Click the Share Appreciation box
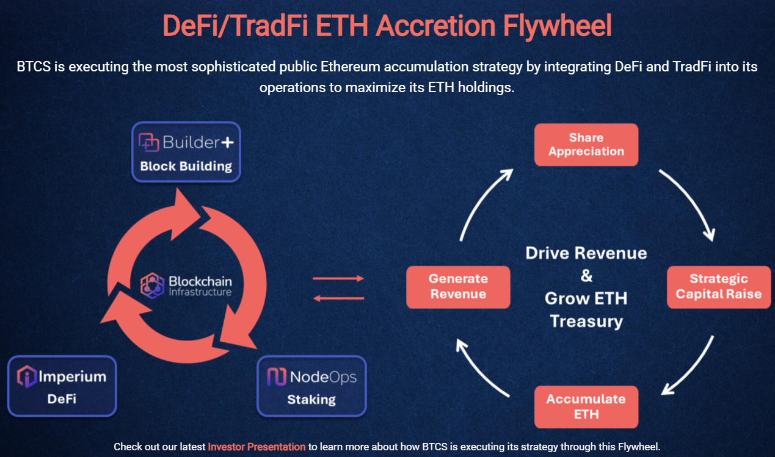[586, 145]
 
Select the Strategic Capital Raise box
[718, 286]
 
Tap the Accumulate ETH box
[586, 406]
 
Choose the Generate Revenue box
[458, 286]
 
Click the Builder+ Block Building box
[186, 153]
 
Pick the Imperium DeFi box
[62, 386]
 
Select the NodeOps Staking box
[311, 386]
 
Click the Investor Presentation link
[257, 447]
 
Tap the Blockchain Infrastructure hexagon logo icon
[152, 285]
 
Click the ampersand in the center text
[586, 276]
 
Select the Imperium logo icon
[27, 376]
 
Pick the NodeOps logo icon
[277, 376]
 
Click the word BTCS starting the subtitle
[34, 67]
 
